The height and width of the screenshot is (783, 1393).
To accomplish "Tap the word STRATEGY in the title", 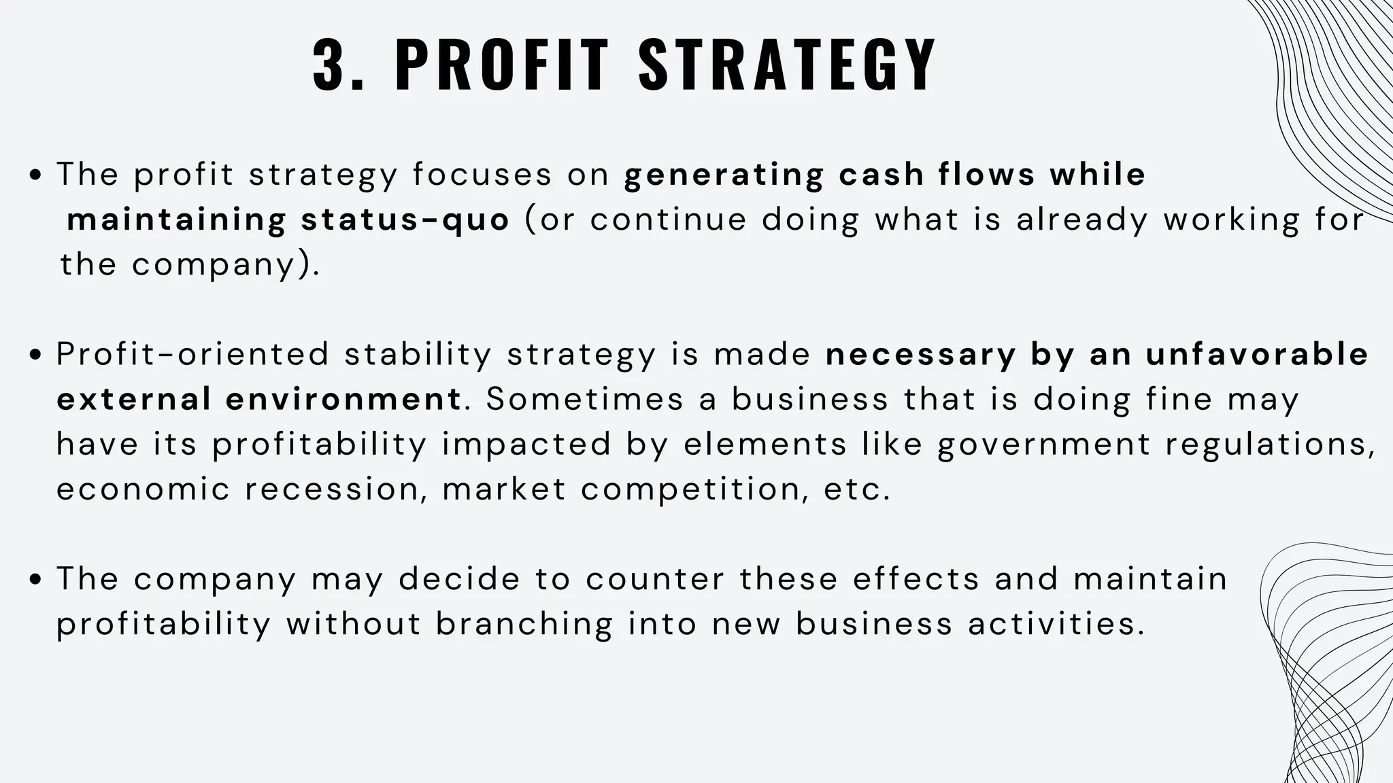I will point(788,65).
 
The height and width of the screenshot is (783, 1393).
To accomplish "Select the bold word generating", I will point(724,175).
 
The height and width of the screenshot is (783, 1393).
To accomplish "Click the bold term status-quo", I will point(405,220).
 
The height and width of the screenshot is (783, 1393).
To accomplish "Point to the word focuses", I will point(482,175).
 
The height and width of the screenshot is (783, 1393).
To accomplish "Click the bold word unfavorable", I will point(1257,355).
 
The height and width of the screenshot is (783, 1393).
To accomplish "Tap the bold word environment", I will point(344,399).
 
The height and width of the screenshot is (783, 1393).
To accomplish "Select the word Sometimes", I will point(584,399).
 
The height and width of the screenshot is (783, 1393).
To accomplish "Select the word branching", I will point(524,624).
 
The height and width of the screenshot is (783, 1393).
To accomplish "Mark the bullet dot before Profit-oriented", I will point(37,355).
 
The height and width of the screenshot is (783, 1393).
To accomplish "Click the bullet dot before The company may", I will point(37,580).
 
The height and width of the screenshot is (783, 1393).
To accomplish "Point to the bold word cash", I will point(881,175).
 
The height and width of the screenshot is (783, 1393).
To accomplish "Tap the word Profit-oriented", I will point(192,355).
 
